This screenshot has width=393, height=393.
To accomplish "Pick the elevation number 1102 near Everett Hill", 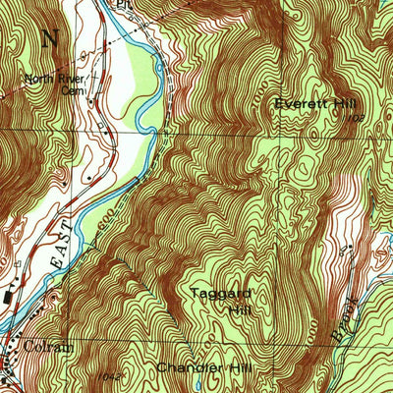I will [x=355, y=117].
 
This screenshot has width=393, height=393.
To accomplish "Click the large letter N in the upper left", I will [x=50, y=38].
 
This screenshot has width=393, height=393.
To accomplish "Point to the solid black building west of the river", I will [x=9, y=293].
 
